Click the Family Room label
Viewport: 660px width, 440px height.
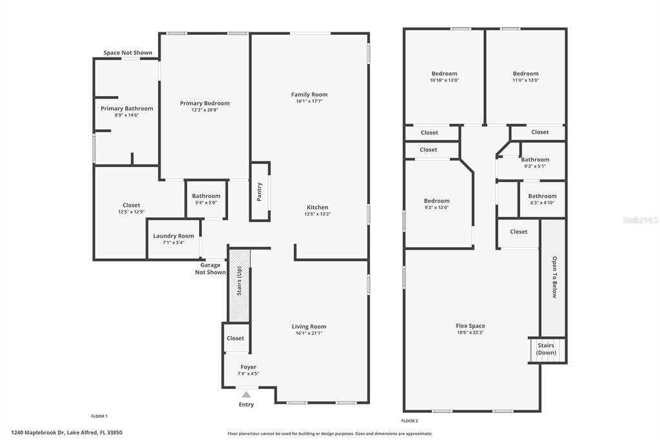tap(309, 94)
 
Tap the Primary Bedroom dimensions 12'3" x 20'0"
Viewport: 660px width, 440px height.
tap(204, 110)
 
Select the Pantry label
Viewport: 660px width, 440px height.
tap(260, 191)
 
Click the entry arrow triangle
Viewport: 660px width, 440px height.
tap(246, 394)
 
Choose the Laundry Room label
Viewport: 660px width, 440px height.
tap(173, 236)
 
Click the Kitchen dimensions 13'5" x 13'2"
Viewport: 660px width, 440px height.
tap(317, 215)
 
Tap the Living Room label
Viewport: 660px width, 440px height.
tap(309, 326)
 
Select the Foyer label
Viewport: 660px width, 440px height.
tap(248, 367)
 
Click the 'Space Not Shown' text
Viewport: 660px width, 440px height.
tap(128, 53)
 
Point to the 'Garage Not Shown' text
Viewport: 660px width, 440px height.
tap(210, 268)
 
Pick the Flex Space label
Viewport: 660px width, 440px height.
tap(470, 326)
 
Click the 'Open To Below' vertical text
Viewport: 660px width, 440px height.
tap(553, 277)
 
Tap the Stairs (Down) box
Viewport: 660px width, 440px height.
tap(546, 349)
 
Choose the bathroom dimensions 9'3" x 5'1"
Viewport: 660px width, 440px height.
tap(534, 166)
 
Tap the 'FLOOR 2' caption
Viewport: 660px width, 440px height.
tap(409, 421)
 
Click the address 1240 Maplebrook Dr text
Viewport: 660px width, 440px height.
tap(66, 433)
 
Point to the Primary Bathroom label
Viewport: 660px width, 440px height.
tap(127, 108)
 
